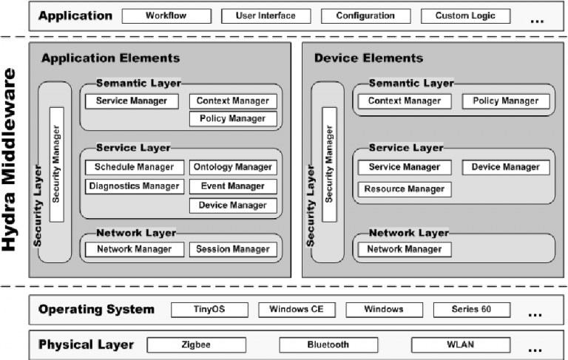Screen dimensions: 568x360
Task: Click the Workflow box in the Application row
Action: pos(166,16)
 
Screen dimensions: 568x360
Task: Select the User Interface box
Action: pos(266,16)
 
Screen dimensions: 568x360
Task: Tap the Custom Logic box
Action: pos(465,16)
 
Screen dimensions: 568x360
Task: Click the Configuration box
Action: pos(366,16)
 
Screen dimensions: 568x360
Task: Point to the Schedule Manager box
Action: pos(135,167)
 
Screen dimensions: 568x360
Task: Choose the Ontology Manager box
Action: pos(233,167)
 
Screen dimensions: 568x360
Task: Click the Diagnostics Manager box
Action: pos(135,186)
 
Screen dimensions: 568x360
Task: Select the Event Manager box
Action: pos(233,186)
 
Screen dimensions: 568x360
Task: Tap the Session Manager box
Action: pos(233,250)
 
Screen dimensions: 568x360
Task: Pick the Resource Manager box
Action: pos(405,189)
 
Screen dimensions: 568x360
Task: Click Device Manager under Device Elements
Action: pos(506,167)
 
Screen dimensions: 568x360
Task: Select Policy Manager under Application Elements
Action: pos(233,119)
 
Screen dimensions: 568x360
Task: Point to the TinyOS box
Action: pos(209,310)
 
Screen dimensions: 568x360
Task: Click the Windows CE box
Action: pos(297,310)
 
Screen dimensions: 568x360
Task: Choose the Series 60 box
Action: pos(472,310)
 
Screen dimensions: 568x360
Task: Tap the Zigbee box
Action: pos(196,344)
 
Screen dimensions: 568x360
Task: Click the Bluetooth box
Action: pos(328,344)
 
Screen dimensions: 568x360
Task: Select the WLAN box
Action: pos(461,344)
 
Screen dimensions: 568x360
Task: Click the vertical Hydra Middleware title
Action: pos(10,160)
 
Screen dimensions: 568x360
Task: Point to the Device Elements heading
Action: pos(368,58)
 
